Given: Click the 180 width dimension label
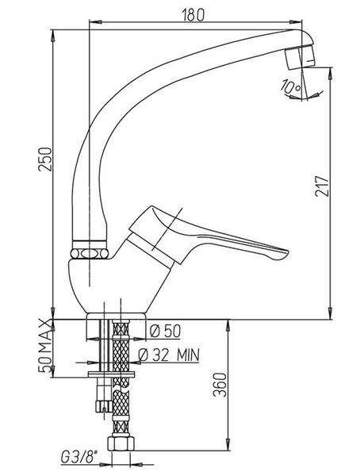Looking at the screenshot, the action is [193, 14].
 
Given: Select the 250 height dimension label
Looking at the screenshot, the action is [45, 159].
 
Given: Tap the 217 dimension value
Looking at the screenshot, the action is [322, 186].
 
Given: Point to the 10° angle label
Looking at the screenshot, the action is [290, 86].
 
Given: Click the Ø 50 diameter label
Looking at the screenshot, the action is [165, 331].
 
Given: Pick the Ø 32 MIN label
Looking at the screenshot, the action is [169, 355].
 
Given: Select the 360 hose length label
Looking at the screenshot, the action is [220, 385].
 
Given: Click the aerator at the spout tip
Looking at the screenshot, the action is [299, 57].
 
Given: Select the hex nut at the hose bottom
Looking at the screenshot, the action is [121, 443].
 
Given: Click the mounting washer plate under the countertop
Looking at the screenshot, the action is [111, 374].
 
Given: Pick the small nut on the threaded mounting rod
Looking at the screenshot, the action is [104, 406].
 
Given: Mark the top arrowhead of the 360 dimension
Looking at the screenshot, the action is [228, 324].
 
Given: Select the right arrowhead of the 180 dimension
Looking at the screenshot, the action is [296, 22].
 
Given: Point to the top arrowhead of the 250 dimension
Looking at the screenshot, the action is [53, 35].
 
